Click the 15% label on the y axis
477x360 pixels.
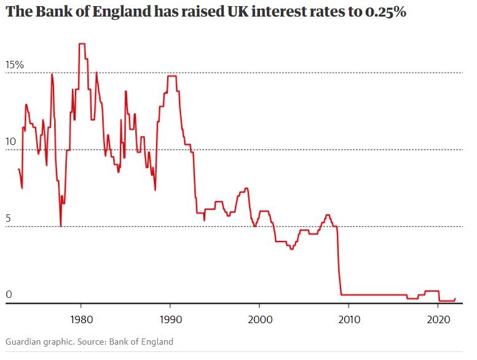15,65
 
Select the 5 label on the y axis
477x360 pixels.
9,219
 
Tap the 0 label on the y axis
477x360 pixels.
9,295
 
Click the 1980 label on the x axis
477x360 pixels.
81,319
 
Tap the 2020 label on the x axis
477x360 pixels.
438,319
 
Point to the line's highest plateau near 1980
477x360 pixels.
82,44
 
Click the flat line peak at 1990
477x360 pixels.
171,76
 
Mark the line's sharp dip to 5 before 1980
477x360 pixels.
60,226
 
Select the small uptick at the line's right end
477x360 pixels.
454,299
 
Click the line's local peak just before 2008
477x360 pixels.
328,215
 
